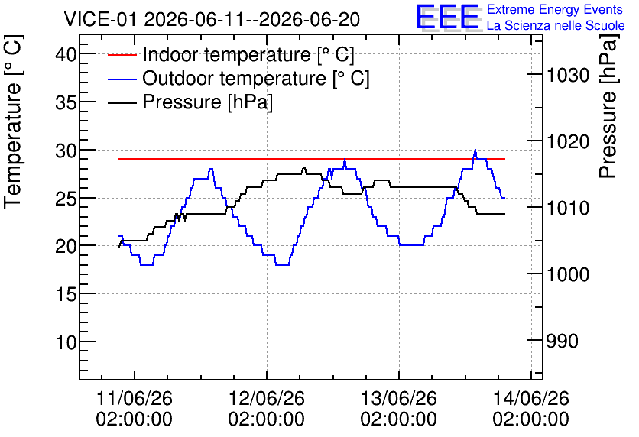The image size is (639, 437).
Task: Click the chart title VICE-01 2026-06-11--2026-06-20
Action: click(x=212, y=19)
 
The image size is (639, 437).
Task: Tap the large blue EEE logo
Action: click(x=448, y=17)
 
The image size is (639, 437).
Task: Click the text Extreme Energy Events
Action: click(x=555, y=9)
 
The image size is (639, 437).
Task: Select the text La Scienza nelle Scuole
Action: click(x=556, y=25)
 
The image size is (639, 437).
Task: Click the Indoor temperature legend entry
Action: click(x=231, y=54)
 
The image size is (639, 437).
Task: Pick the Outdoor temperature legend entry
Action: click(x=238, y=78)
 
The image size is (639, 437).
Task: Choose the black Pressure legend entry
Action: click(x=190, y=102)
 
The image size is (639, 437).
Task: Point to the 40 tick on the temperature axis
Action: click(x=66, y=53)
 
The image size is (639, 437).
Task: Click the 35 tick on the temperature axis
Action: click(x=66, y=102)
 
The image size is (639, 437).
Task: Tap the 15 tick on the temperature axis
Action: click(x=66, y=293)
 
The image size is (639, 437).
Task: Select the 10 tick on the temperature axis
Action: click(x=66, y=342)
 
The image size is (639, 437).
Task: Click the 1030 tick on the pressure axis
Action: click(x=568, y=75)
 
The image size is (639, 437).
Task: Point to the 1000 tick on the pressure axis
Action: click(x=568, y=274)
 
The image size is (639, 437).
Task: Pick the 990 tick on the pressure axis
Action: click(x=562, y=341)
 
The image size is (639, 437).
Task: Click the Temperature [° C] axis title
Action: click(x=13, y=122)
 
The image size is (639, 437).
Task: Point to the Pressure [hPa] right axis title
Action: click(x=608, y=107)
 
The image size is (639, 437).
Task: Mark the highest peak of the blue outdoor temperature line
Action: click(x=475, y=150)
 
